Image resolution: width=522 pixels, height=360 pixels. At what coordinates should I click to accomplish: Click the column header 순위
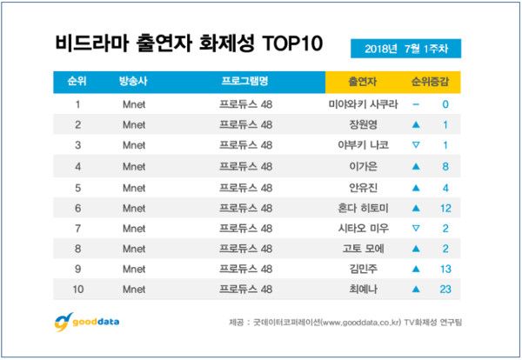(x=76, y=83)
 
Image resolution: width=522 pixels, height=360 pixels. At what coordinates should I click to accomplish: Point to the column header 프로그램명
(x=244, y=83)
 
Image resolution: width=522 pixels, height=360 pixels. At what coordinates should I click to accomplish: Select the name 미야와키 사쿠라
(x=360, y=104)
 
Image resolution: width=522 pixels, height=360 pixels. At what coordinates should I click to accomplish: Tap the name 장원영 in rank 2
(x=360, y=124)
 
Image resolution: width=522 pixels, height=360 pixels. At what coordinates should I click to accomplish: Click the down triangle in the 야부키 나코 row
(x=416, y=144)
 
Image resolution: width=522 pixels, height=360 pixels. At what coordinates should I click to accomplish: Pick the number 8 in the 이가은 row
(x=445, y=164)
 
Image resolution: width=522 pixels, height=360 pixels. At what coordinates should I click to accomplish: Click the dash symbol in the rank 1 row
(x=416, y=104)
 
